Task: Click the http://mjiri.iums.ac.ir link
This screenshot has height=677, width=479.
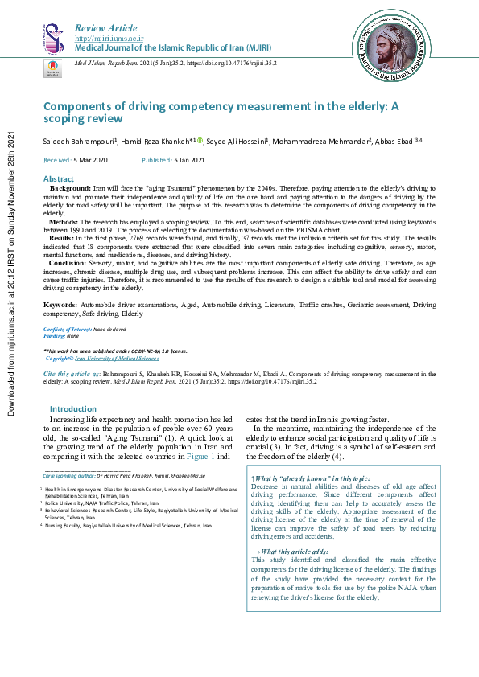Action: (x=109, y=38)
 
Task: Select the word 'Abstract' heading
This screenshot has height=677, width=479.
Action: (x=59, y=178)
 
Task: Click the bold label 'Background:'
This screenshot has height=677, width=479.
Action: (x=70, y=187)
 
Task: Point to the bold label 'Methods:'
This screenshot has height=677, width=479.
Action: (x=64, y=220)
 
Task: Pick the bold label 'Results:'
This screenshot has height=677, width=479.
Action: (x=64, y=239)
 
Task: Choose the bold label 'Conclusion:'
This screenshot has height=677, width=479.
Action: (x=69, y=262)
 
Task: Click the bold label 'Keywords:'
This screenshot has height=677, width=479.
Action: (x=60, y=305)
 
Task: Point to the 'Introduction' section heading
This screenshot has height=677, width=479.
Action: (x=72, y=409)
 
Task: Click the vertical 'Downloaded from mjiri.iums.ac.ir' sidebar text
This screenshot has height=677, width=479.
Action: (x=11, y=273)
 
